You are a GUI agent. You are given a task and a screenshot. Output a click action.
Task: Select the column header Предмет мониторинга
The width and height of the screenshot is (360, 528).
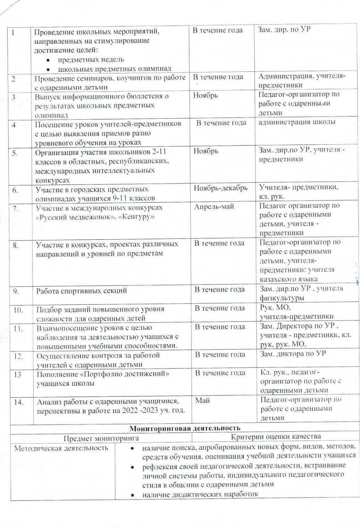click(101, 438)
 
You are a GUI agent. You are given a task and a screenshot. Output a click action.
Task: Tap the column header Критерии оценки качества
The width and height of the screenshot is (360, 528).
click(276, 436)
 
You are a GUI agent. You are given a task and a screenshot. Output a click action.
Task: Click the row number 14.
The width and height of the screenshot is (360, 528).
click(18, 402)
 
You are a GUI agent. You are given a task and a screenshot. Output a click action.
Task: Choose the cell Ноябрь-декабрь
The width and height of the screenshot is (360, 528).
click(221, 188)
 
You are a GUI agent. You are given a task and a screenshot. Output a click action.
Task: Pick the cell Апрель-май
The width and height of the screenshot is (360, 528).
click(214, 207)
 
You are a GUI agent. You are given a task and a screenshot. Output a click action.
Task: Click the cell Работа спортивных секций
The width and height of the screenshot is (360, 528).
click(82, 291)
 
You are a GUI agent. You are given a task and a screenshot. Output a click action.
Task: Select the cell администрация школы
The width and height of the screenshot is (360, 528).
click(297, 122)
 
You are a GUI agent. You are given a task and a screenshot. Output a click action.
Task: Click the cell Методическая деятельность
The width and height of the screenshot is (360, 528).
click(61, 448)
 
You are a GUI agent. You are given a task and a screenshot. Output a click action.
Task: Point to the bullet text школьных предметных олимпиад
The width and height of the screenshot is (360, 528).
click(114, 69)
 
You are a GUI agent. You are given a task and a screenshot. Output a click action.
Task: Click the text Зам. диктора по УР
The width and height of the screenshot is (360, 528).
click(293, 354)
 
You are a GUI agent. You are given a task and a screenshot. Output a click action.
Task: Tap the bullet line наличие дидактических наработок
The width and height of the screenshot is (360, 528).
click(200, 494)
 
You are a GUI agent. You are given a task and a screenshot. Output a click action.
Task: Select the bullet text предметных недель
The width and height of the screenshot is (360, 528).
click(91, 59)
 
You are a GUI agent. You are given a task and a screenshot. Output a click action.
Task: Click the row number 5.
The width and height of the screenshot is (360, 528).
click(15, 153)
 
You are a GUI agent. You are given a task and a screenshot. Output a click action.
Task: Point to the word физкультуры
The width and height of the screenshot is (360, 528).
click(282, 298)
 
